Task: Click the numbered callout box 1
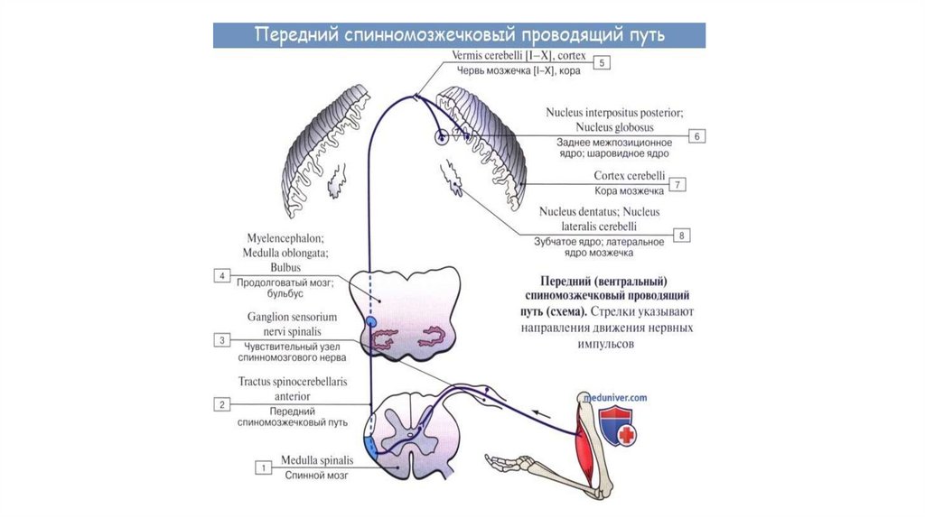coord(263,467)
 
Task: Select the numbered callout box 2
coord(221,404)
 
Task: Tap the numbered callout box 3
coord(221,340)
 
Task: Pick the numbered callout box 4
coord(221,276)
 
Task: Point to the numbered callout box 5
coord(603,62)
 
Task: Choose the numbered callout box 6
coord(697,135)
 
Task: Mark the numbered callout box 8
coord(683,236)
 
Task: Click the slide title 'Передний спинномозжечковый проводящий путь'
coord(459,35)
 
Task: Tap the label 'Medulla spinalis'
coord(316,459)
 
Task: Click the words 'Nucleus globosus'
coord(612,128)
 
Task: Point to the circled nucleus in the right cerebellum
coord(442,137)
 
